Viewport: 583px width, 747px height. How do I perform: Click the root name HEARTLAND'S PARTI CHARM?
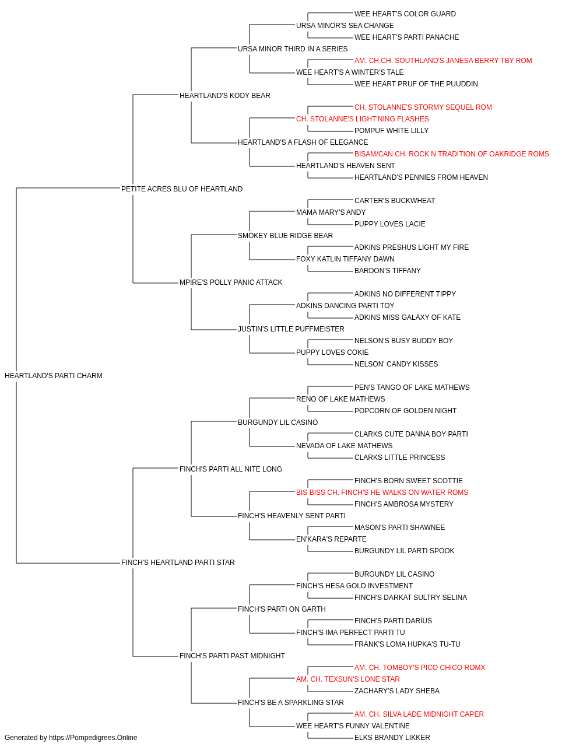[x=54, y=376]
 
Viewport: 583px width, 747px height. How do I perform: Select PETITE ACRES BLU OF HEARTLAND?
[x=182, y=189]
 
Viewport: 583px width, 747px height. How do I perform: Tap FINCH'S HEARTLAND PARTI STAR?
[x=178, y=563]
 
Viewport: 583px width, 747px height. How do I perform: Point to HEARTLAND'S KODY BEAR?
[x=225, y=96]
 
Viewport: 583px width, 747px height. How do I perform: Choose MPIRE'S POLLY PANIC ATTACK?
[x=231, y=282]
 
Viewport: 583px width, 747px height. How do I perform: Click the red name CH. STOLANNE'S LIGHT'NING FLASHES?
[x=363, y=119]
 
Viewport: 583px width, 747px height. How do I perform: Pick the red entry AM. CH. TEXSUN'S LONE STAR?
[x=348, y=679]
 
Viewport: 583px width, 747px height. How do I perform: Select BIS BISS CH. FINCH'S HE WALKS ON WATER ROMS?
[x=382, y=493]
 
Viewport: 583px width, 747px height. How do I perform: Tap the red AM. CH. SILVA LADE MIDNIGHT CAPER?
[x=419, y=714]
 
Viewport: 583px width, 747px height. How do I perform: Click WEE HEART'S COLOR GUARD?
[x=405, y=14]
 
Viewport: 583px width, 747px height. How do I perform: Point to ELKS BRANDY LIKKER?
[x=392, y=738]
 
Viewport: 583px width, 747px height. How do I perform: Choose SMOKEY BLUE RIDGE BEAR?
[x=285, y=236]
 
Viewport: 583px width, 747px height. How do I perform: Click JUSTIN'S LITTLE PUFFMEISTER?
[x=291, y=329]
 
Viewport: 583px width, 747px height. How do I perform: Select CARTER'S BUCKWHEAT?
[x=395, y=201]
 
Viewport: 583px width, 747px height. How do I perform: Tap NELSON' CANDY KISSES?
[x=396, y=364]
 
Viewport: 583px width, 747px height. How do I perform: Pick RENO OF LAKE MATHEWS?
[x=340, y=399]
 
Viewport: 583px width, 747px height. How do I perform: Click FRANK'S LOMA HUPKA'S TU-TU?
[x=408, y=644]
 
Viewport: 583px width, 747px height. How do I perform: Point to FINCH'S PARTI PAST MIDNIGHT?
[x=232, y=656]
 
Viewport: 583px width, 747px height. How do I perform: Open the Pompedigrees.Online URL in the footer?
[x=93, y=738]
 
